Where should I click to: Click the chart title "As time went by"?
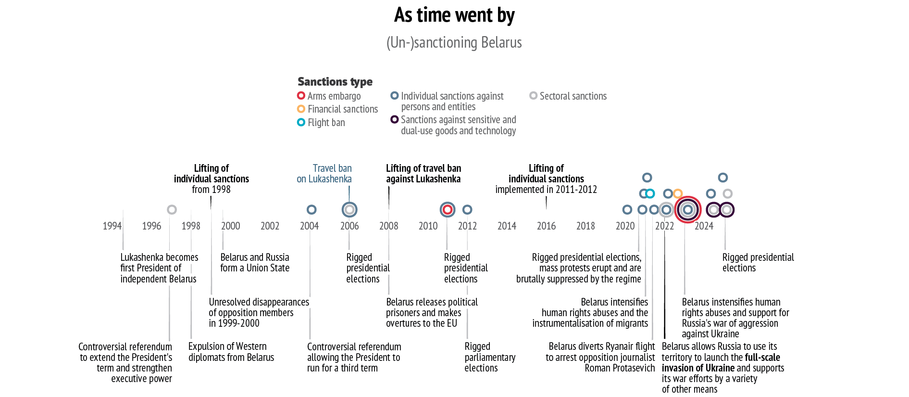click(x=454, y=15)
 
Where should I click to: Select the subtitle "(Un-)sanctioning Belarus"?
click(x=454, y=42)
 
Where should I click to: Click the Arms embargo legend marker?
click(x=301, y=96)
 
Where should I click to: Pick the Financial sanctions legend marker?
click(x=301, y=109)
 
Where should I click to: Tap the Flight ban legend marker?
click(x=301, y=122)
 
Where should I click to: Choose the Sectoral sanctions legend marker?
click(x=533, y=96)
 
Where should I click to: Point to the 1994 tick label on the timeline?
click(x=112, y=226)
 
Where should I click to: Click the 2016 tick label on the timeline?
click(x=546, y=226)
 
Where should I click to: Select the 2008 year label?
click(x=388, y=226)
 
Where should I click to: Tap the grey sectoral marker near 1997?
click(x=172, y=209)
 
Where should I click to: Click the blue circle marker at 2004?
click(x=311, y=209)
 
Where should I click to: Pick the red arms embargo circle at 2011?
click(x=448, y=209)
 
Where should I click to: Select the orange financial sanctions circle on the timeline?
click(x=677, y=193)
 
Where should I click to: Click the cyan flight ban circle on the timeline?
click(x=650, y=193)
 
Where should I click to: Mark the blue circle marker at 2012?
click(x=467, y=209)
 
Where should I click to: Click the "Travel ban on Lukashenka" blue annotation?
click(x=324, y=174)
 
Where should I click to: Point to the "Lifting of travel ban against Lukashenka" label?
click(x=423, y=174)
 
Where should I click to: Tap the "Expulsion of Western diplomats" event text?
click(x=231, y=352)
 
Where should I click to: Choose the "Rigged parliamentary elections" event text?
click(x=489, y=357)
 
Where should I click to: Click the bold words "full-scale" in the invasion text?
click(x=762, y=358)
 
